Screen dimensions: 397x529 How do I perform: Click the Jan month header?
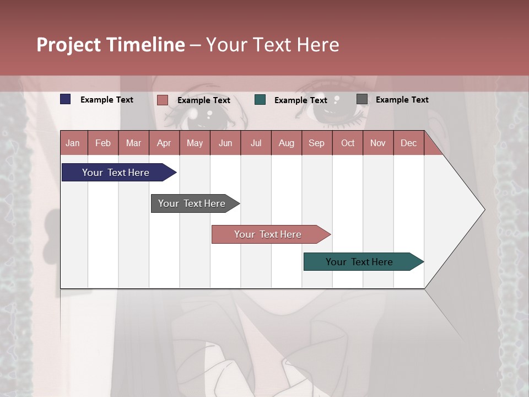73,143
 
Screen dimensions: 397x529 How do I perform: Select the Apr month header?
164,143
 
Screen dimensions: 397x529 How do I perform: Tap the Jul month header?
256,143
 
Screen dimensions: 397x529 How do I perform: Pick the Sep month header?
316,143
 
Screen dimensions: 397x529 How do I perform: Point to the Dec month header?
408,143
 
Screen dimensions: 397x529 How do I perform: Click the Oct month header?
348,143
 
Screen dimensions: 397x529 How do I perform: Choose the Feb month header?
103,143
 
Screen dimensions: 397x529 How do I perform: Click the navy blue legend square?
66,99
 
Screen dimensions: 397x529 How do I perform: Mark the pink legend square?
163,100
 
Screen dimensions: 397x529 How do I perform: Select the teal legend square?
260,100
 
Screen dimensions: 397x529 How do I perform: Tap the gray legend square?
362,99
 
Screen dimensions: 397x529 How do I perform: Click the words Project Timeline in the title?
110,45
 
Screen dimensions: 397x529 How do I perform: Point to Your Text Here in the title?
273,45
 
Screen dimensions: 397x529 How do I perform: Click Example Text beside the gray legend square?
402,100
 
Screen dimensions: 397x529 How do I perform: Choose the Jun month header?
225,143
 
